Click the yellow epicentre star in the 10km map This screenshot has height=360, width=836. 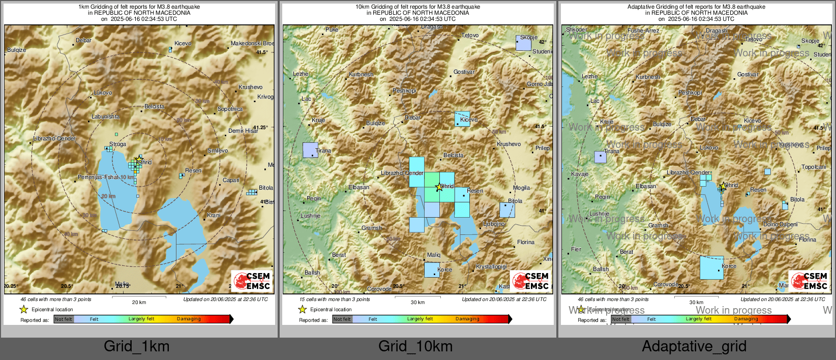coord(439,187)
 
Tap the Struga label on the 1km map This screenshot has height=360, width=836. coord(117,144)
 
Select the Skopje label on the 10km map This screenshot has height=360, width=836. coord(529,37)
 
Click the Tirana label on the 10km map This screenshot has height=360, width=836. coord(323,151)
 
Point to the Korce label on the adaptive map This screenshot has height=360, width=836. coord(729,266)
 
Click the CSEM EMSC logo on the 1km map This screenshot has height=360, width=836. coord(252,281)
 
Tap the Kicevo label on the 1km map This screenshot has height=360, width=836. coord(183,44)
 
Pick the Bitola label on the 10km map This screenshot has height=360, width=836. coord(515,201)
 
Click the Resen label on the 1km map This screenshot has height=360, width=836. coord(193,170)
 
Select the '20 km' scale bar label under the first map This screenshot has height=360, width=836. coord(139,302)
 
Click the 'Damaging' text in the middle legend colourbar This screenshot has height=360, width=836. coord(467,319)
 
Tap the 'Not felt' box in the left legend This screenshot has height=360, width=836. coord(64,319)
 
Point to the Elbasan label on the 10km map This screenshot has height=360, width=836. coord(359,187)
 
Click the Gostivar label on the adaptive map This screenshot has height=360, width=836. coord(748,74)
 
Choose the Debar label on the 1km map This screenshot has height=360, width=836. coord(83,40)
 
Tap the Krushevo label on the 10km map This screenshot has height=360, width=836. coord(509,144)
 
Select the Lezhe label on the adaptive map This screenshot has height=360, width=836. coord(589,76)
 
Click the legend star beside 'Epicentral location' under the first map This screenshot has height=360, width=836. coord(23,309)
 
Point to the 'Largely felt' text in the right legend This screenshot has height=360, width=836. coord(699,319)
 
